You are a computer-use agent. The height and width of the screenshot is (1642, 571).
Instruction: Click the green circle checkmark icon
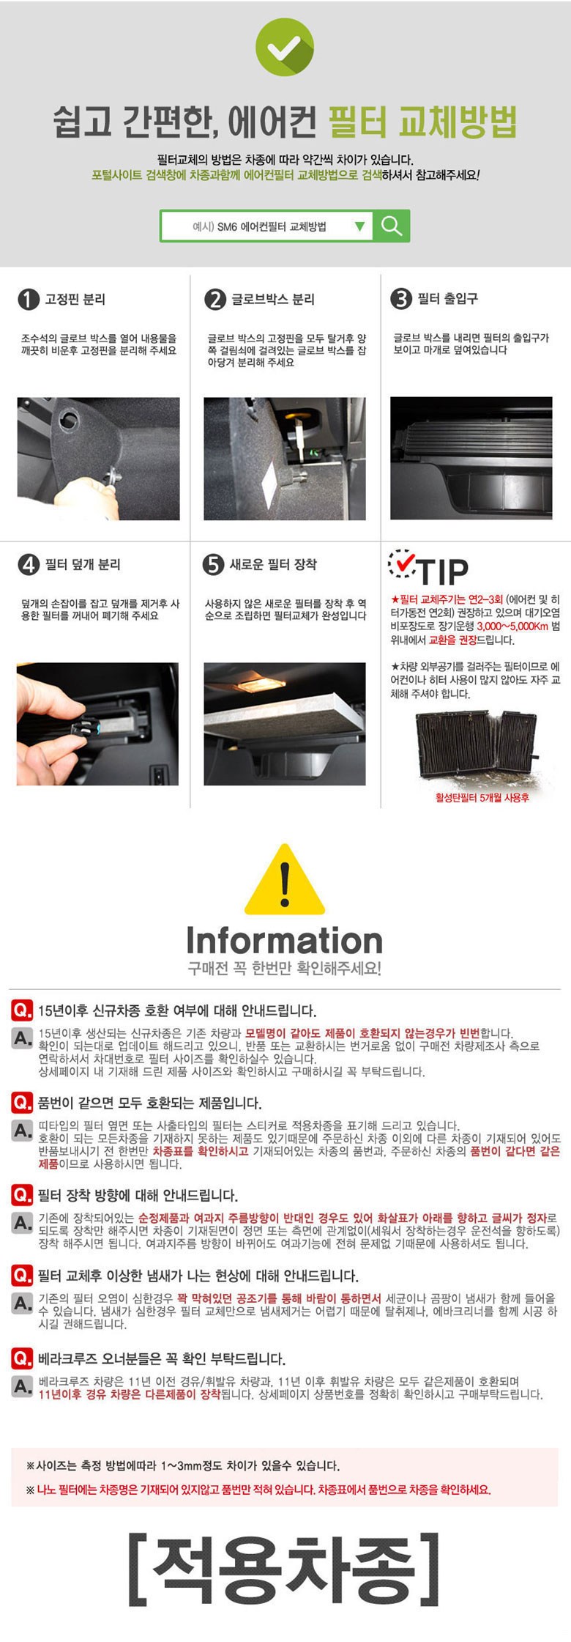(285, 47)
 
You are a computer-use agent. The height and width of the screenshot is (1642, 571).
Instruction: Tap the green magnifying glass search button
(391, 226)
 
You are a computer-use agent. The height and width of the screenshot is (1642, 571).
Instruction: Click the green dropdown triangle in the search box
(359, 226)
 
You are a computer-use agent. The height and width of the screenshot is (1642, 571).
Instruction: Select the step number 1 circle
(28, 299)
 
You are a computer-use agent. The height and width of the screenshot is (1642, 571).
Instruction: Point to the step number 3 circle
(400, 299)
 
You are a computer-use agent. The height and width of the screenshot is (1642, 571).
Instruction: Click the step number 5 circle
(212, 564)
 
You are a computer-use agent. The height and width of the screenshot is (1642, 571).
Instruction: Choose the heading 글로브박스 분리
(273, 299)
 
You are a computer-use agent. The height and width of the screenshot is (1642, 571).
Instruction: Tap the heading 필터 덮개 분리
(83, 564)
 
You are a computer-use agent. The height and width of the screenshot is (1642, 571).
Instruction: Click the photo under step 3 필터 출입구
(471, 459)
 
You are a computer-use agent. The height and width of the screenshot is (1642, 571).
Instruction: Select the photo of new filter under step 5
(285, 724)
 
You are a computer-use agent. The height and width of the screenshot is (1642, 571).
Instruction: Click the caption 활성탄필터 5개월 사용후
(482, 797)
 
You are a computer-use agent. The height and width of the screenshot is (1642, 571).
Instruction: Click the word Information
(284, 940)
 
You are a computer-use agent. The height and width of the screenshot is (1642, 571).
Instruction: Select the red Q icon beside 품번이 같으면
(22, 1102)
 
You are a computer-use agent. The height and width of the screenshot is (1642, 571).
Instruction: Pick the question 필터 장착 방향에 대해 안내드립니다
(138, 1195)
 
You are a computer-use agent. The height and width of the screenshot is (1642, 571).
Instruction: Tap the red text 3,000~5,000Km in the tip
(512, 626)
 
